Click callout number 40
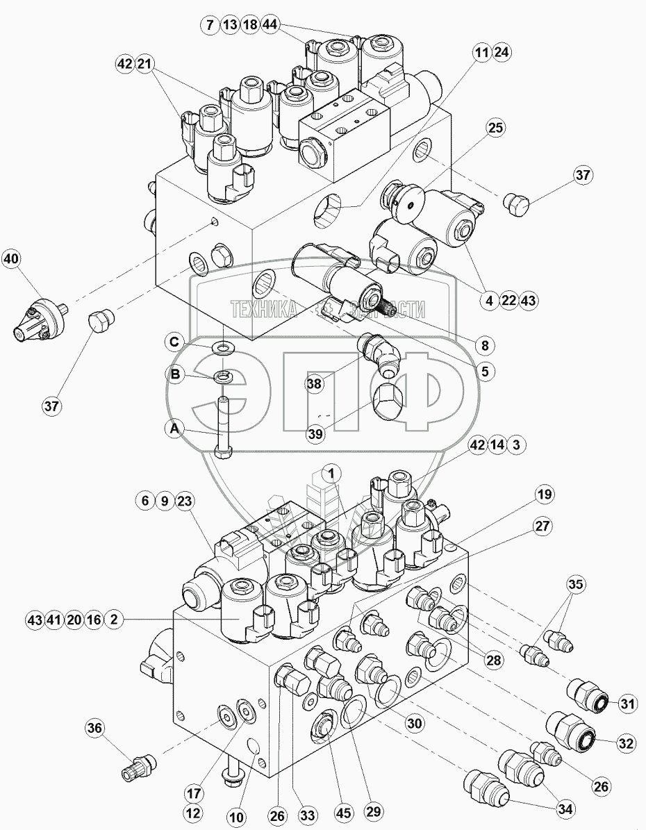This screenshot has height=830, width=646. pos(10,260)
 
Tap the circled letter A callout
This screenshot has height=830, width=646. pos(175,431)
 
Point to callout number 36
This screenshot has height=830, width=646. pos(95,729)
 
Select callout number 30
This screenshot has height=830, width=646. pos(414,724)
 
